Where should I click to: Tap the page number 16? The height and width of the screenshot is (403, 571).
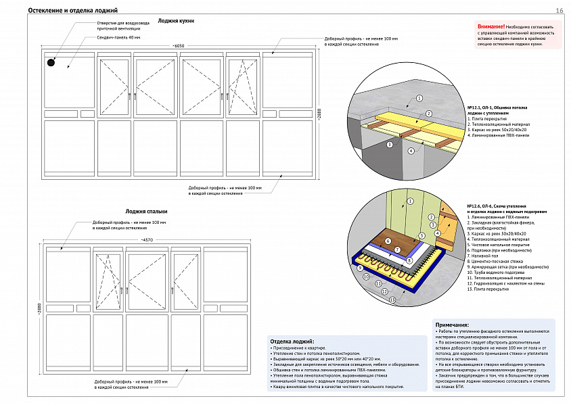tap(559, 10)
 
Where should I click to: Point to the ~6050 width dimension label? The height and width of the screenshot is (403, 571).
tap(178, 45)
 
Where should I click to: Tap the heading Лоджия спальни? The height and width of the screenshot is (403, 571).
tap(141, 212)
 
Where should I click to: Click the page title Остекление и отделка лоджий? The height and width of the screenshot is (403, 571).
tap(74, 11)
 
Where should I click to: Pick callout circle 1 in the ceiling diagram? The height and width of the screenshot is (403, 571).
tap(419, 98)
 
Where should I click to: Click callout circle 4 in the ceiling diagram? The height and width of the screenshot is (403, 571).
tap(411, 151)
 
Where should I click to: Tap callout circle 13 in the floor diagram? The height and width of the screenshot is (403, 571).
tap(392, 299)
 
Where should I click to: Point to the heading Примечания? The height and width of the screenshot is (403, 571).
tap(452, 325)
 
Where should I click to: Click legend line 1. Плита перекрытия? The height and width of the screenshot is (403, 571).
tap(489, 118)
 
